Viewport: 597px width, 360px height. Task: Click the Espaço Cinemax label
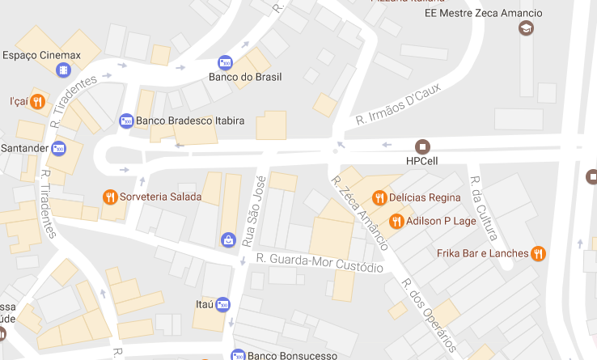[42, 55]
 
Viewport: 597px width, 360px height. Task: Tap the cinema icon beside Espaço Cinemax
[63, 70]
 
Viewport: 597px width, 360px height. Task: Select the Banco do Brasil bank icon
[226, 62]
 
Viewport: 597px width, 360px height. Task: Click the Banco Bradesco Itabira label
[190, 121]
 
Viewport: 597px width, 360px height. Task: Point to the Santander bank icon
[59, 148]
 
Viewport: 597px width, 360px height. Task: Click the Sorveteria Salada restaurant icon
[110, 197]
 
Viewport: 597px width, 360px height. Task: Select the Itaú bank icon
[222, 304]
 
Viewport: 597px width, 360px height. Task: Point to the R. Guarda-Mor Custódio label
[320, 263]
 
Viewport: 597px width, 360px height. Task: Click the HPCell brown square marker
[421, 146]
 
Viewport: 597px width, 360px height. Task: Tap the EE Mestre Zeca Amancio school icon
[526, 29]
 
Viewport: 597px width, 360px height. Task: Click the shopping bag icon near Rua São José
[228, 239]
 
